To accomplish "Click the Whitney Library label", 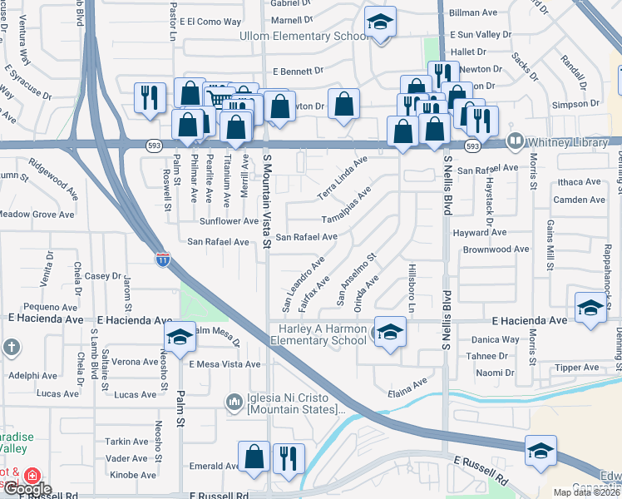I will pyautogui.click(x=567, y=143).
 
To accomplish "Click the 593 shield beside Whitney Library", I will pyautogui.click(x=472, y=146).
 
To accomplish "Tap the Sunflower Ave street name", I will pyautogui.click(x=229, y=221).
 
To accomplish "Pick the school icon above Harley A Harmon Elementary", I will pyautogui.click(x=387, y=332).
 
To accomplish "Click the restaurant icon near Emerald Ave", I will pyautogui.click(x=289, y=459).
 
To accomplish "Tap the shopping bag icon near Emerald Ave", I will pyautogui.click(x=254, y=457).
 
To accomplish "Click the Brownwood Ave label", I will pyautogui.click(x=496, y=249).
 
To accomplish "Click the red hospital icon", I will pyautogui.click(x=32, y=477).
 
